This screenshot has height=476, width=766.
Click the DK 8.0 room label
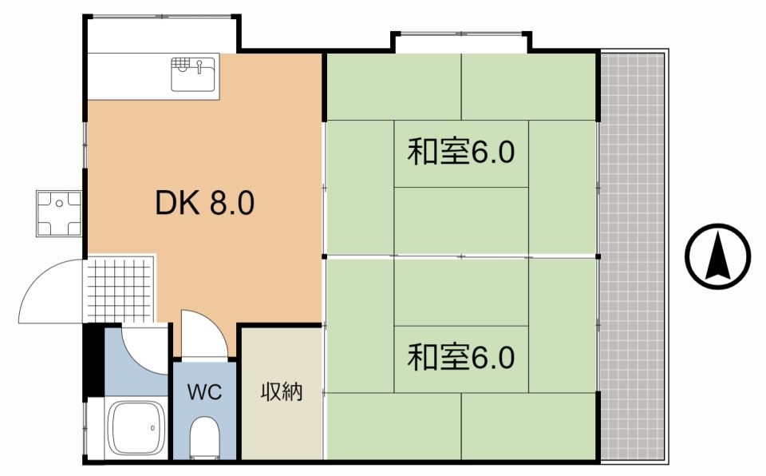pyautogui.click(x=204, y=204)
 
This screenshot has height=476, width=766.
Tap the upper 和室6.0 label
pyautogui.click(x=461, y=152)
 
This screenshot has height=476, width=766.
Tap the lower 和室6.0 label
pyautogui.click(x=461, y=357)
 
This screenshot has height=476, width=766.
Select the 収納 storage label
pyautogui.click(x=282, y=392)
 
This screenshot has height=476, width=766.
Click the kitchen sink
pyautogui.click(x=193, y=74)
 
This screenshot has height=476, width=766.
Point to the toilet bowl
pyautogui.click(x=205, y=438)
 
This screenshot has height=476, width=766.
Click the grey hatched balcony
pyautogui.click(x=632, y=256)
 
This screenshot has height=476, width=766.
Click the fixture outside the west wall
pyautogui.click(x=59, y=214)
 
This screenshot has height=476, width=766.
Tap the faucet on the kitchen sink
pyautogui.click(x=200, y=62)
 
